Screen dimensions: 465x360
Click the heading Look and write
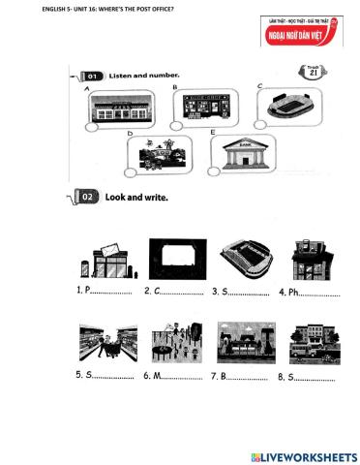pos(135,197)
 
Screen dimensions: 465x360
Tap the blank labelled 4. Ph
pos(320,292)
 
